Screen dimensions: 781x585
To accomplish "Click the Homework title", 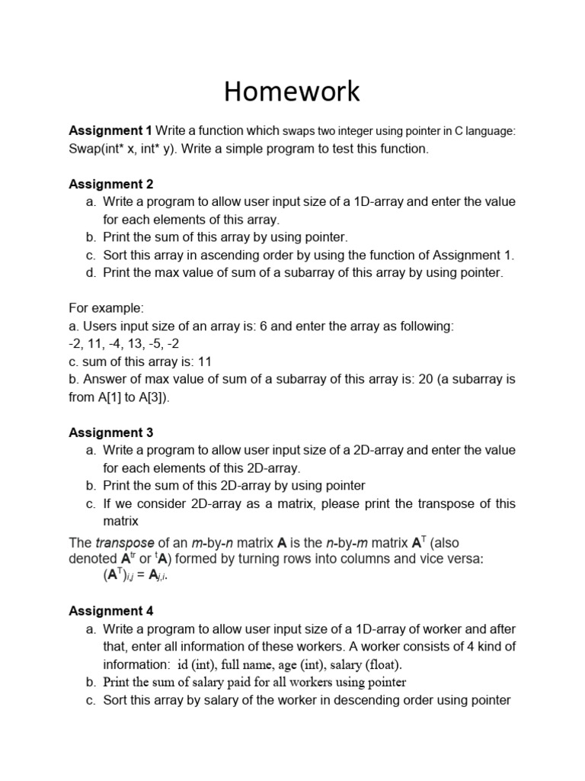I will [x=292, y=92].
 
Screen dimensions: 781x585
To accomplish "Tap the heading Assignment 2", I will [x=111, y=184].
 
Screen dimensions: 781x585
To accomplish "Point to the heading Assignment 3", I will [x=111, y=432].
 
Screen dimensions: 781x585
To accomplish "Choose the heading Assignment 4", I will [x=111, y=611].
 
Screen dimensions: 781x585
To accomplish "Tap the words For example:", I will [x=106, y=308].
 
